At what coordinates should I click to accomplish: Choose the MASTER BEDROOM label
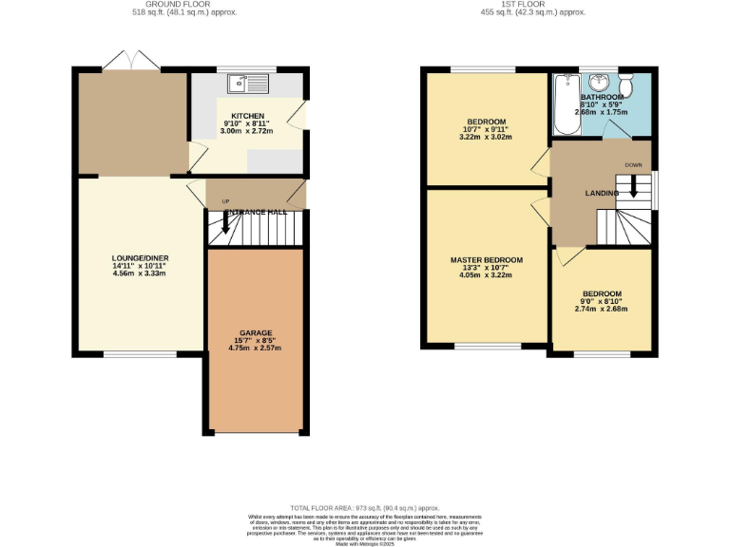coord(486,260)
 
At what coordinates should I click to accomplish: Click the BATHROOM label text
coord(602,97)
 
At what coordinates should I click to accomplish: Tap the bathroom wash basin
coord(597,80)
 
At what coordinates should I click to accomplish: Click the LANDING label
coord(602,194)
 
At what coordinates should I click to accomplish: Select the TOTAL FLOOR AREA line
coord(366,509)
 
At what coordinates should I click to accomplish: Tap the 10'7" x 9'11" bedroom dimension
coord(486,129)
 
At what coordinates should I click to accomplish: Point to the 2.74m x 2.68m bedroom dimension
coord(602,309)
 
